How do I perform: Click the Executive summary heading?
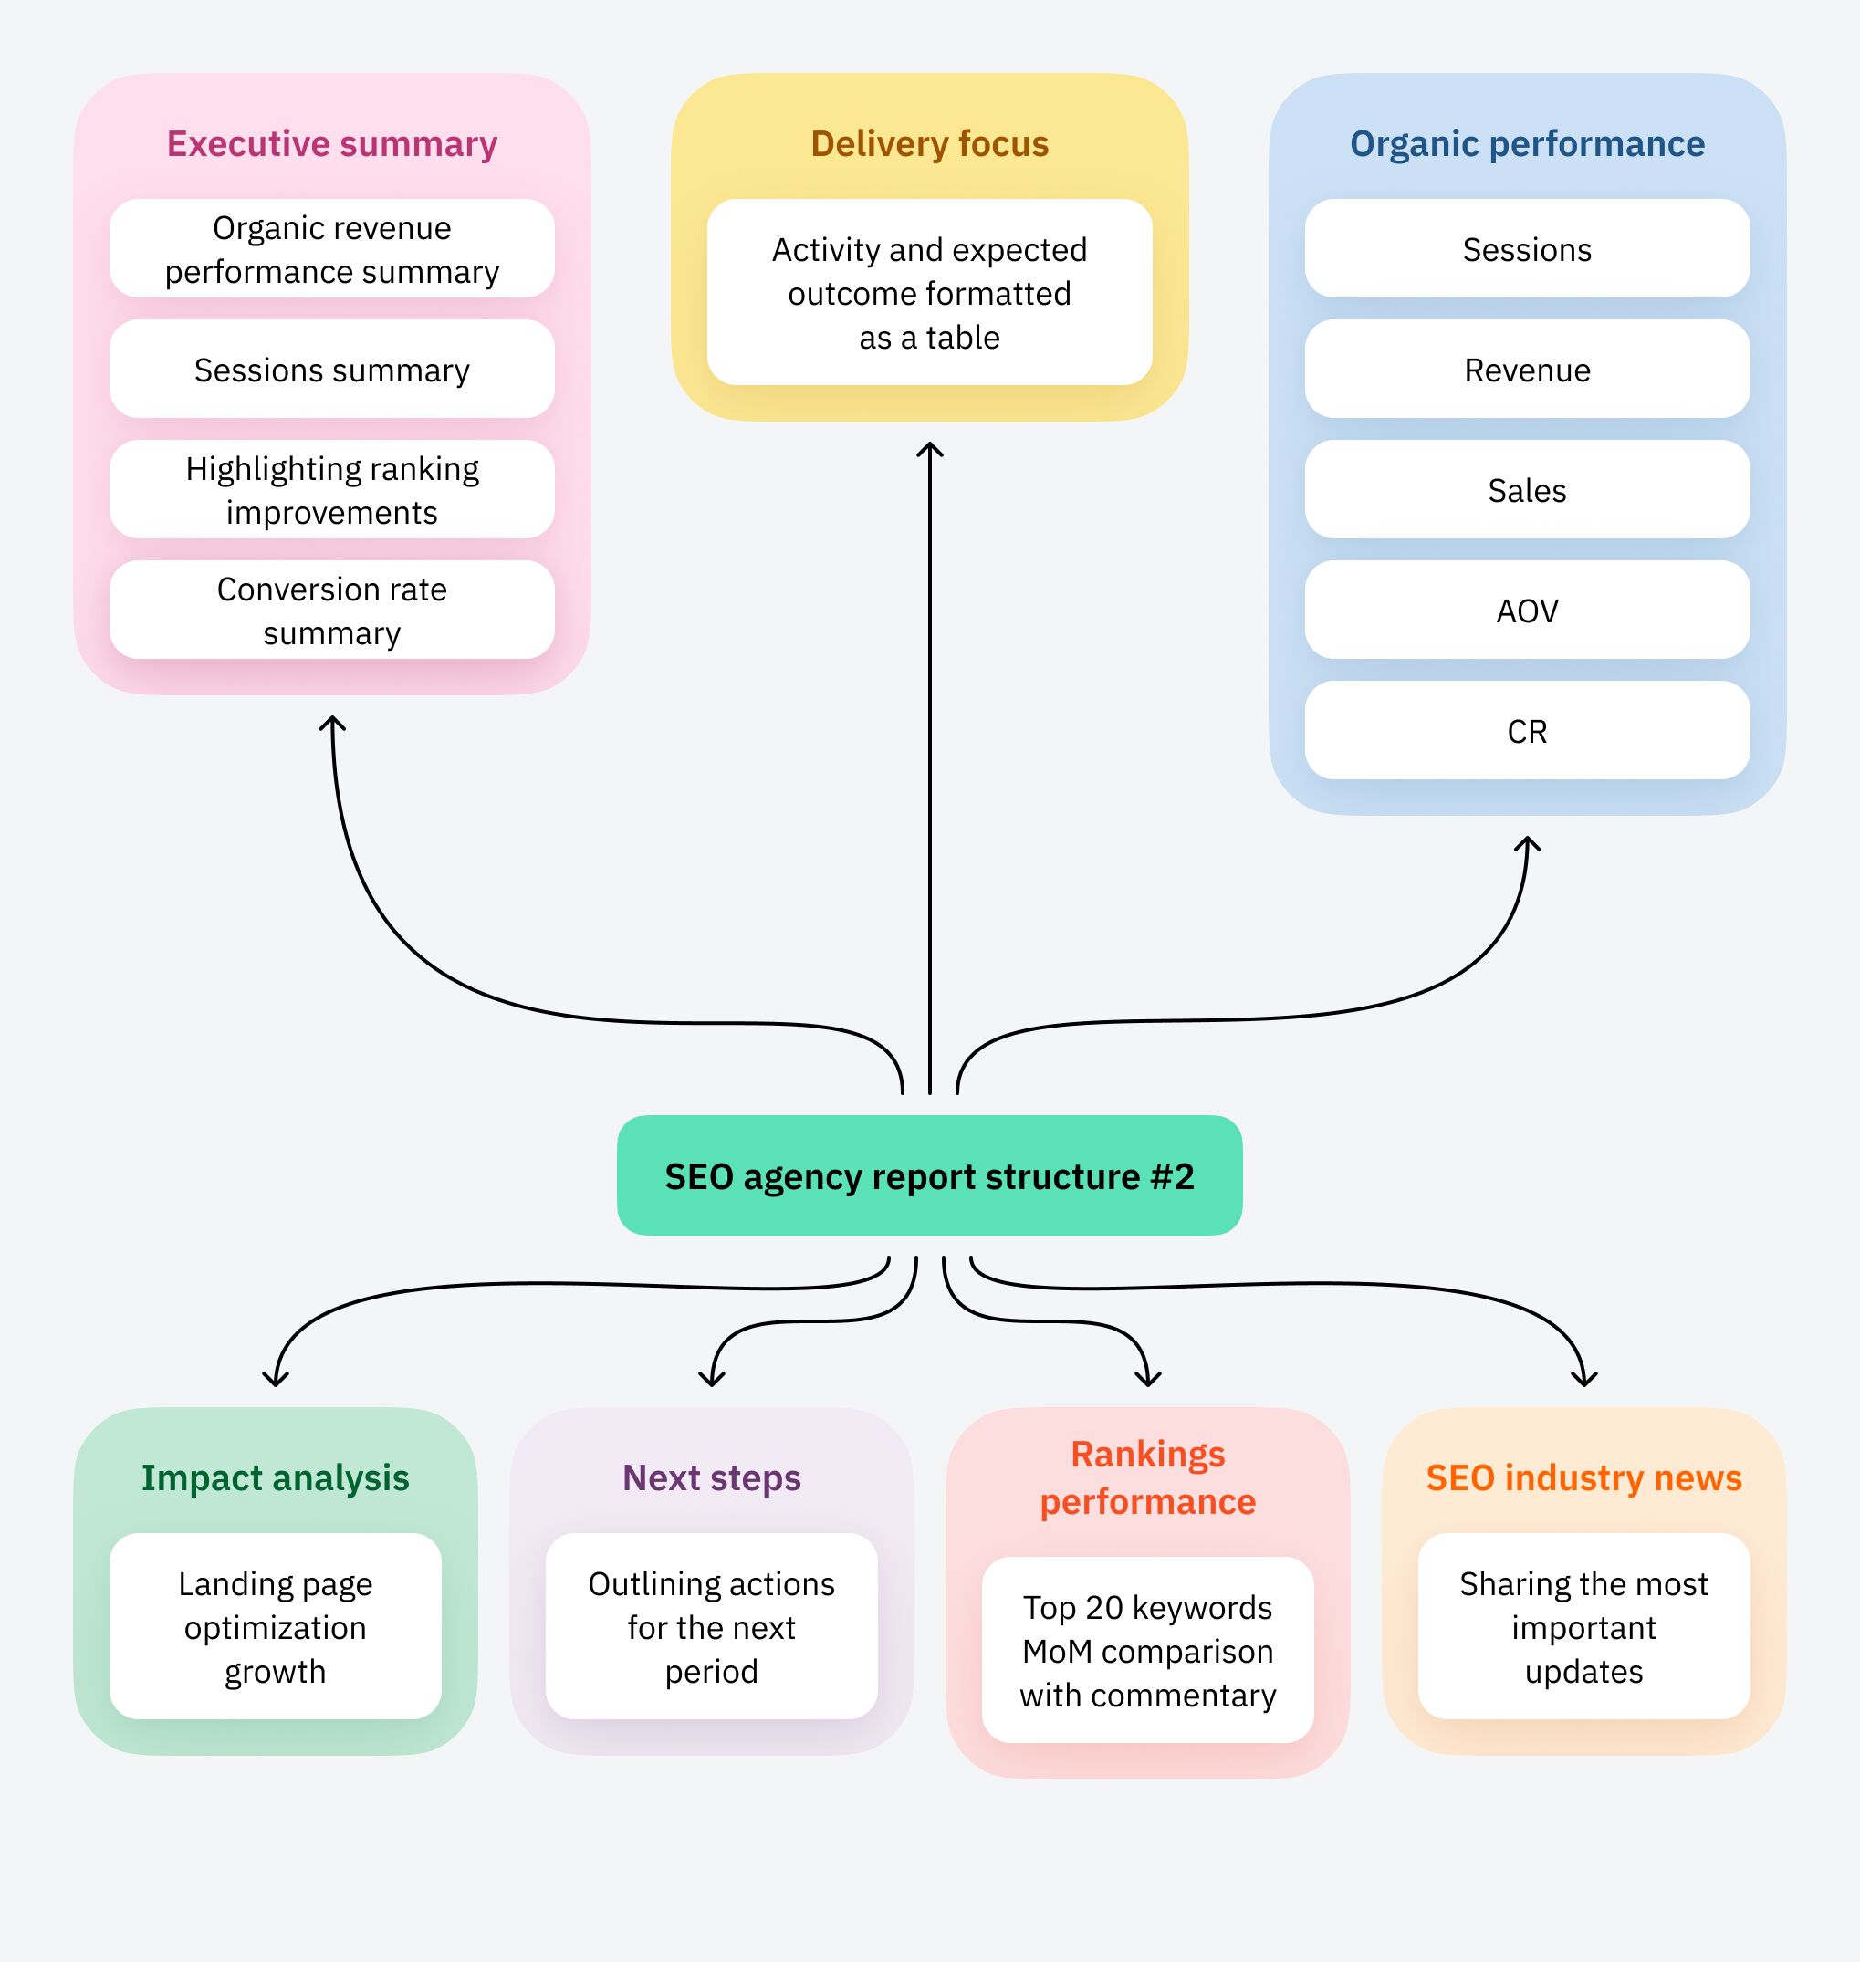tap(331, 144)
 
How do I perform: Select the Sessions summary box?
tap(331, 370)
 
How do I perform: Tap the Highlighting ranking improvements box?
tap(331, 490)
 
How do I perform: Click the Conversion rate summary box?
tap(331, 611)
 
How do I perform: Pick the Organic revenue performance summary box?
tap(331, 249)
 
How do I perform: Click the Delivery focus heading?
tap(929, 144)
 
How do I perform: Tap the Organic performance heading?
tap(1527, 144)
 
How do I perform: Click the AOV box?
tap(1527, 611)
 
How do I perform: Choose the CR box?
tap(1527, 731)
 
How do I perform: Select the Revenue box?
tap(1527, 370)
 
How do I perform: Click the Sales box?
tap(1527, 490)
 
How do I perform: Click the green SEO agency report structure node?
tap(929, 1175)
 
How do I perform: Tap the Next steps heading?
tap(711, 1477)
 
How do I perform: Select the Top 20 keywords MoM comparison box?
tap(1147, 1651)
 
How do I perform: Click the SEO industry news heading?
tap(1583, 1477)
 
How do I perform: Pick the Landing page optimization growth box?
tap(276, 1627)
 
